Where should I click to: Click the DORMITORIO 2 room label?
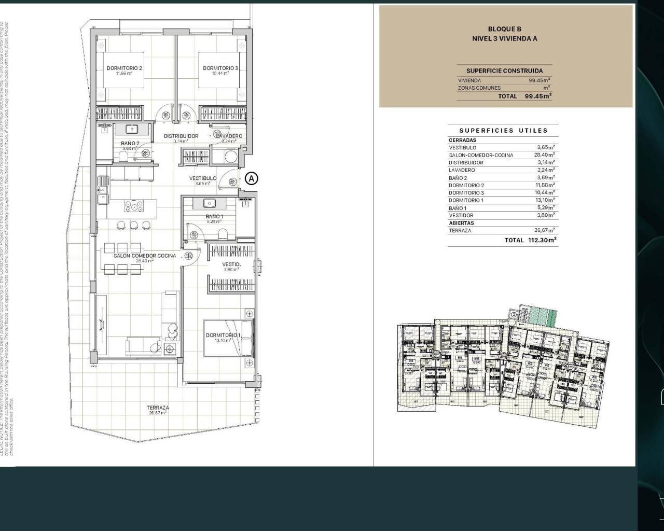[x=125, y=68]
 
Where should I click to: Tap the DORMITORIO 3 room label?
[x=220, y=68]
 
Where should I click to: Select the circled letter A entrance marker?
[x=251, y=178]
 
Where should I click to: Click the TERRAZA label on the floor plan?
[x=157, y=408]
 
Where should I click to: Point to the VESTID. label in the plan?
[x=231, y=264]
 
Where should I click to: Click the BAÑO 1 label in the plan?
[x=214, y=216]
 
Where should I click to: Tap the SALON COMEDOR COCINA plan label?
[x=145, y=256]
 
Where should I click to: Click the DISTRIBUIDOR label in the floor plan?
[x=181, y=136]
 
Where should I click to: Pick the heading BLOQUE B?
[x=504, y=29]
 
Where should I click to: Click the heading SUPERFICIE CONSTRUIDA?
[x=504, y=71]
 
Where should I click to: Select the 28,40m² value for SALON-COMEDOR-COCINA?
[x=544, y=155]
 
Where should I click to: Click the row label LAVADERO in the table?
[x=462, y=170]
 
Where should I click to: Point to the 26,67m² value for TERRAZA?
[x=544, y=230]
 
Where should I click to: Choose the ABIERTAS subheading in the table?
[x=461, y=223]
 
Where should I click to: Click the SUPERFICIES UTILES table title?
[x=503, y=131]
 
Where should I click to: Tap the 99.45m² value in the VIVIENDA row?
[x=539, y=80]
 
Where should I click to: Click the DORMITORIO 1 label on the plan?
[x=224, y=336]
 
